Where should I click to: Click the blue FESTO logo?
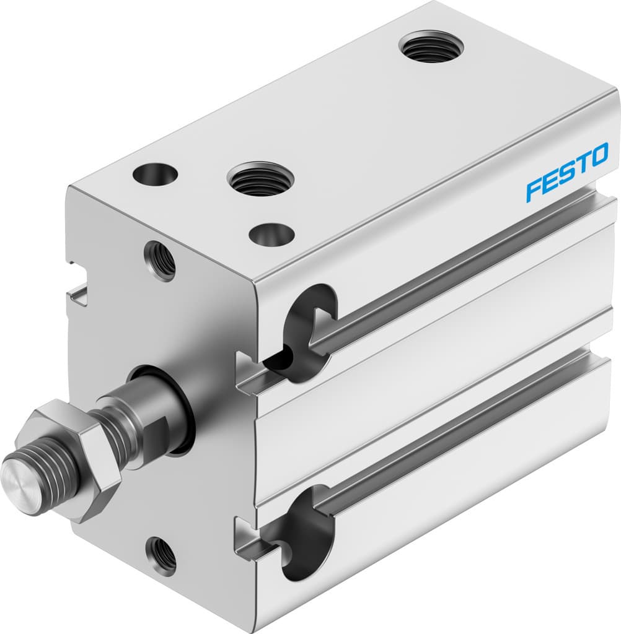tap(567, 173)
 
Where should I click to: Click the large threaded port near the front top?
tap(260, 179)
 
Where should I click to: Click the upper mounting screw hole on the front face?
tap(160, 261)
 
